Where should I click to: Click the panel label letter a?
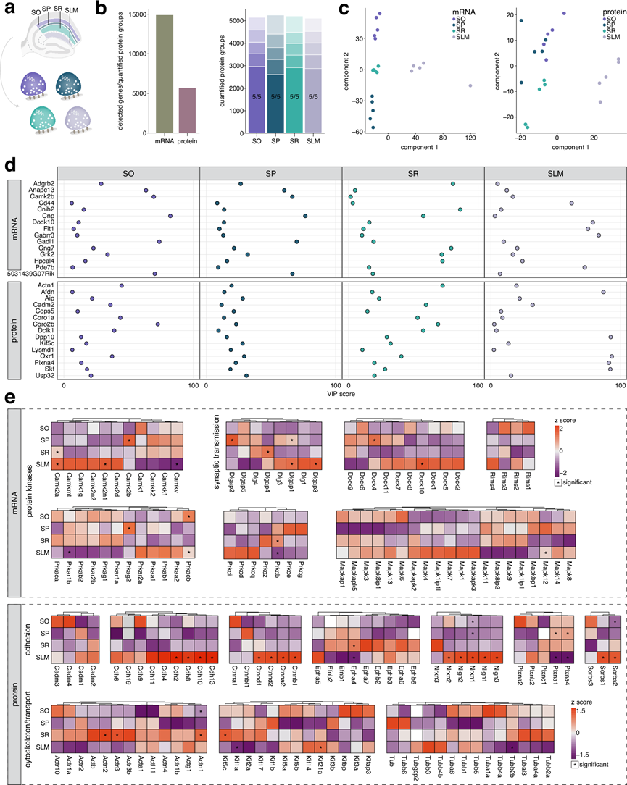[x=9, y=9]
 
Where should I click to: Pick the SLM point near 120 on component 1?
[x=470, y=85]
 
